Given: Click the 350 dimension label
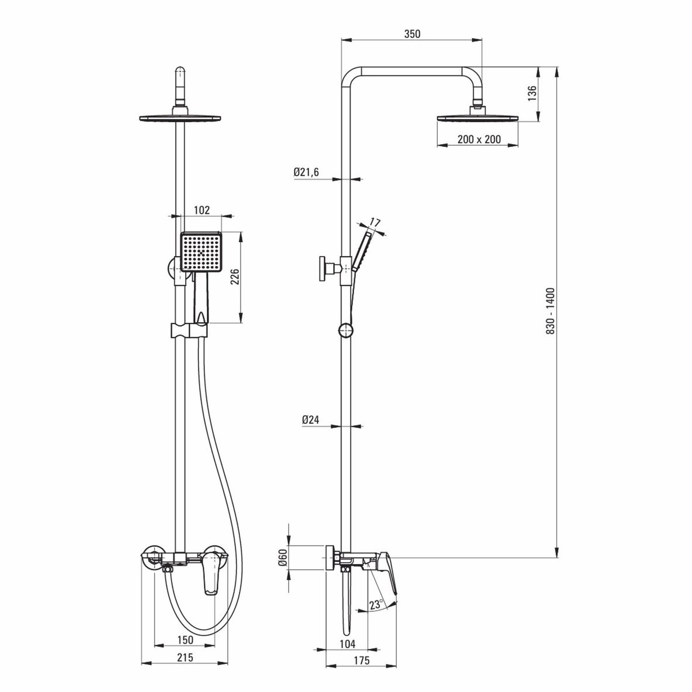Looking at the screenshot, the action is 412,34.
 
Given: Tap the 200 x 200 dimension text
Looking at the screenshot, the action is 479,140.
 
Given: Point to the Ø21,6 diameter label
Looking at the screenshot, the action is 306,172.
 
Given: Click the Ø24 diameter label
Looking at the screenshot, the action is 311,419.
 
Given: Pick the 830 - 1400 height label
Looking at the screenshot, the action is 550,311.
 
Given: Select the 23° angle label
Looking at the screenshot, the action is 376,604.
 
